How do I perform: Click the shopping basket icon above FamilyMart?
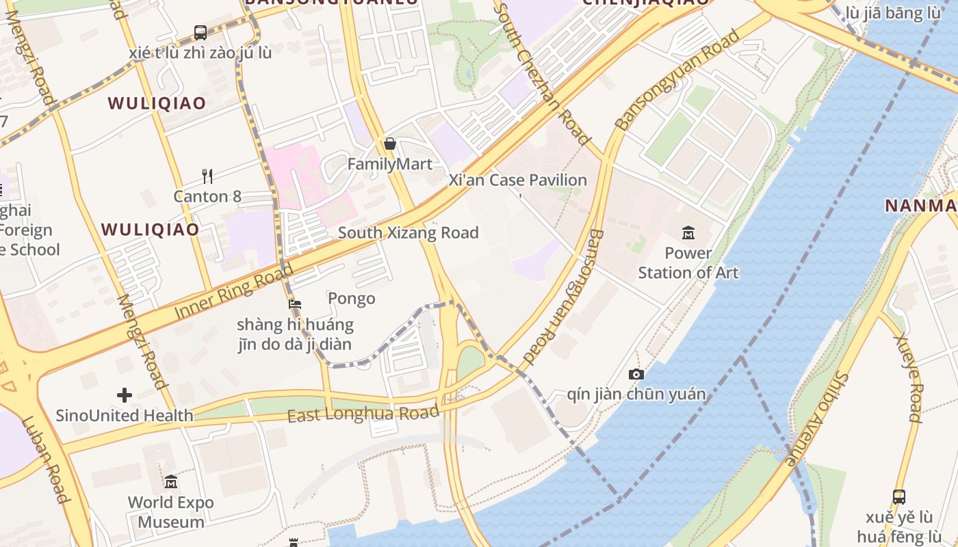(x=390, y=144)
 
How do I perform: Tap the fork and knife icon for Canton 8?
(x=207, y=176)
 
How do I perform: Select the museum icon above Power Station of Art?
(x=688, y=233)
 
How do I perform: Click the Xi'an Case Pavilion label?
(x=517, y=181)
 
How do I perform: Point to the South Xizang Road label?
(x=408, y=233)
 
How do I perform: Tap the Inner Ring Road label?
(x=233, y=290)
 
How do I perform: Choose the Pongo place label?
(x=352, y=299)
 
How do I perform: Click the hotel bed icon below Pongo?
(x=295, y=304)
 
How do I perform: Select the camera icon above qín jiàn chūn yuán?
(x=636, y=374)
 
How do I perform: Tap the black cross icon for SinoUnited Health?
(x=125, y=395)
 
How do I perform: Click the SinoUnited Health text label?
(x=125, y=415)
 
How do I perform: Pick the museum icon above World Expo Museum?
(x=171, y=482)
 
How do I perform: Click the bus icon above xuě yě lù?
(x=899, y=497)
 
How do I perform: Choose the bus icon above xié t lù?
(x=200, y=32)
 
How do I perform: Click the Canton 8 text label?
(x=207, y=197)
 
